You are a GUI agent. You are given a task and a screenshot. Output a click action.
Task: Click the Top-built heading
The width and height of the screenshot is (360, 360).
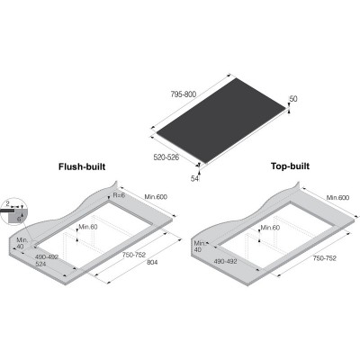coord(292,167)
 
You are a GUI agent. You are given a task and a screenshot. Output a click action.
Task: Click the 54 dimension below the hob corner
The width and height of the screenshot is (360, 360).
coord(195,179)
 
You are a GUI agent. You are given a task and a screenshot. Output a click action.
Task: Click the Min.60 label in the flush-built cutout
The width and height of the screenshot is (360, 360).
coord(86,226)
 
